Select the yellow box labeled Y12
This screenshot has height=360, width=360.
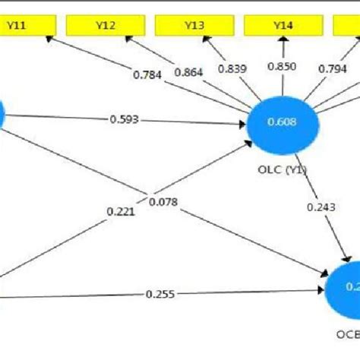pos(106,26)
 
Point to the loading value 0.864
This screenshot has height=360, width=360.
pos(189,72)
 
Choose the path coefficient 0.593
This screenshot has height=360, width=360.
pos(124,118)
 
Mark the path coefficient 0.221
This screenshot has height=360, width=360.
pos(122,212)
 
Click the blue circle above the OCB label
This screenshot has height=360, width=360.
pos(346,288)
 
